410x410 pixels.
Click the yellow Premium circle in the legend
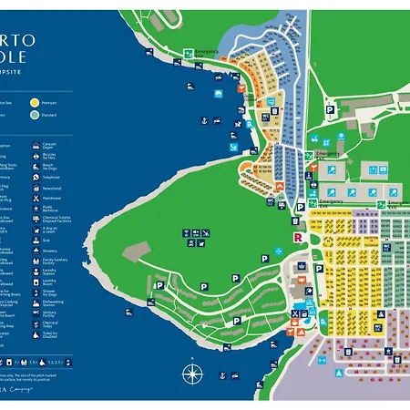point(35,103)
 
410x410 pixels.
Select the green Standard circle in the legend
point(35,115)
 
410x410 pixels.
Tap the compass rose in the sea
point(191,374)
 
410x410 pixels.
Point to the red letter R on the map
point(296,238)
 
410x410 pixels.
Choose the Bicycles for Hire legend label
point(50,158)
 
